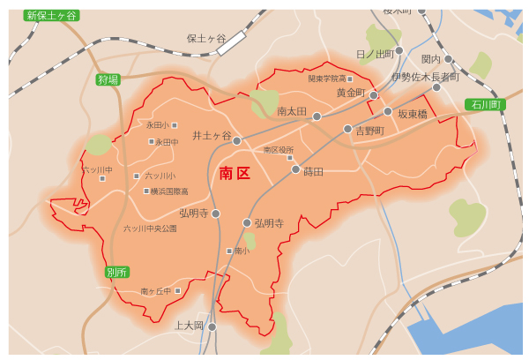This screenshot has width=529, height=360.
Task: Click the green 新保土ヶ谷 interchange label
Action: [x=51, y=15]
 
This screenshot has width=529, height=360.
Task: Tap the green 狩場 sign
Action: [x=108, y=80]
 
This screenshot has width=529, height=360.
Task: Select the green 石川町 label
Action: [x=484, y=105]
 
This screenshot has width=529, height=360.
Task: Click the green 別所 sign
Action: [x=116, y=271]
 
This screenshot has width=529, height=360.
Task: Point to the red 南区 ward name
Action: [x=235, y=173]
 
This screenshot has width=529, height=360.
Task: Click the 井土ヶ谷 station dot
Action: [x=237, y=141]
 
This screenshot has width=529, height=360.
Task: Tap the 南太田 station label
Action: [x=291, y=112]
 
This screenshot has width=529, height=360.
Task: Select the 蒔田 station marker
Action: [x=295, y=169]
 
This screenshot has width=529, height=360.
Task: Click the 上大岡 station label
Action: [x=189, y=326]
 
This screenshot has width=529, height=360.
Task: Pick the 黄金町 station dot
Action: [x=374, y=94]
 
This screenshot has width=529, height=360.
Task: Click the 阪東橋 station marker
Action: [x=388, y=111]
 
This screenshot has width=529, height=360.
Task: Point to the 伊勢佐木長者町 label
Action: [x=425, y=77]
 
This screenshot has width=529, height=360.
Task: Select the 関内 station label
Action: [x=430, y=59]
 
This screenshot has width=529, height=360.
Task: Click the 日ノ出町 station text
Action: [x=375, y=54]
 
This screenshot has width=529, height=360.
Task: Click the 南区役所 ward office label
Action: [x=279, y=150]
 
